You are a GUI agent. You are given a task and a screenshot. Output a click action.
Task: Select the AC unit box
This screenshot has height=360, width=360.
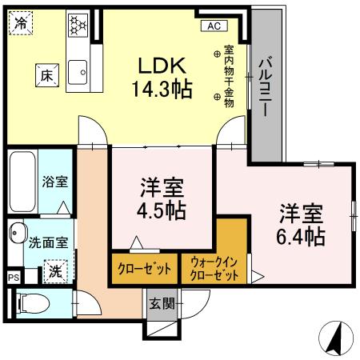pyautogui.click(x=214, y=26)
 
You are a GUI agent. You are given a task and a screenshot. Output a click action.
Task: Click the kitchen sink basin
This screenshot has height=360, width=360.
pyautogui.click(x=79, y=74)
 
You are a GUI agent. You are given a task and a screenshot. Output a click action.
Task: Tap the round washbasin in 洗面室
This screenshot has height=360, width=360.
pyautogui.click(x=16, y=235)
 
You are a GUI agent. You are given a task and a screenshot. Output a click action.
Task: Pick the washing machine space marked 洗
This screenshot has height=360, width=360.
pyautogui.click(x=54, y=271)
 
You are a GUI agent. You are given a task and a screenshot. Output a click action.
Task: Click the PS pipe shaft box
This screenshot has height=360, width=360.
pyautogui.click(x=13, y=277)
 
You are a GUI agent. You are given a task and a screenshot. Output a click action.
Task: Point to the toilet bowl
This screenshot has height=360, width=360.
pyautogui.click(x=29, y=304)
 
